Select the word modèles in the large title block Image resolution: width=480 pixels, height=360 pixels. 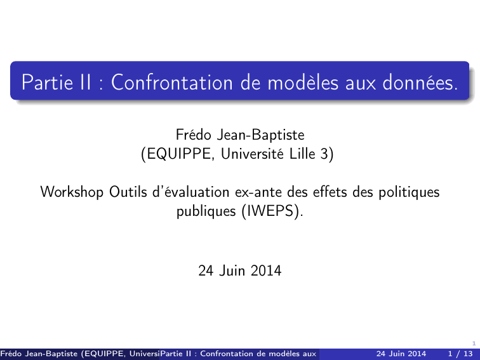click(303, 82)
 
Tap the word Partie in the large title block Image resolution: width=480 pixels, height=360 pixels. click(47, 82)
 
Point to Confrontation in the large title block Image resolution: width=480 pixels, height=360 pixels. click(171, 82)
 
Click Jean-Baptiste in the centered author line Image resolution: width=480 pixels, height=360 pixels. click(260, 135)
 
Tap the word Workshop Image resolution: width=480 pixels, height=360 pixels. click(72, 192)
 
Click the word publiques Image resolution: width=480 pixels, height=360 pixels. click(206, 211)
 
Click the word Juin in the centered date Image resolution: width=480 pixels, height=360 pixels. click(232, 270)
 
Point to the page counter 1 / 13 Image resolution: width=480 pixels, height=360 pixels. click(460, 354)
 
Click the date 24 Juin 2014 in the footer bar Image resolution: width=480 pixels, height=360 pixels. click(401, 354)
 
